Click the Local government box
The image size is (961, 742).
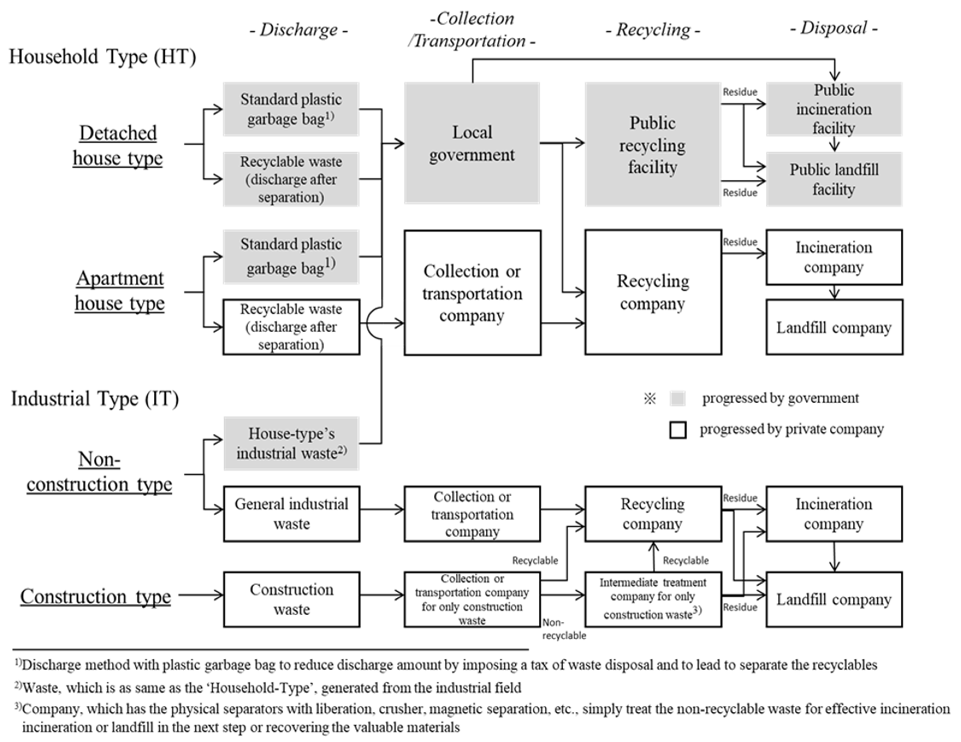pyautogui.click(x=472, y=143)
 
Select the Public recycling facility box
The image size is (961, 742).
pyautogui.click(x=652, y=144)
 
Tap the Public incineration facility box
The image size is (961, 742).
pyautogui.click(x=834, y=109)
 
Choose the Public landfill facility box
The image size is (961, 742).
pyautogui.click(x=834, y=179)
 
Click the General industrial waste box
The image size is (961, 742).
pyautogui.click(x=291, y=514)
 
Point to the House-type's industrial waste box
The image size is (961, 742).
pyautogui.click(x=291, y=443)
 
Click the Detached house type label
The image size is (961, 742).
pyautogui.click(x=118, y=145)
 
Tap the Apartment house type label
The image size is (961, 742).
pyautogui.click(x=120, y=291)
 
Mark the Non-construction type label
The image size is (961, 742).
pyautogui.click(x=99, y=472)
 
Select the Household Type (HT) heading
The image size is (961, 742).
pyautogui.click(x=103, y=57)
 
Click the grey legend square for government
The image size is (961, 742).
pyautogui.click(x=678, y=398)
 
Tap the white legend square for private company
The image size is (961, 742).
pyautogui.click(x=678, y=430)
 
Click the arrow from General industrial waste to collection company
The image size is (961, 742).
pyautogui.click(x=381, y=510)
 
